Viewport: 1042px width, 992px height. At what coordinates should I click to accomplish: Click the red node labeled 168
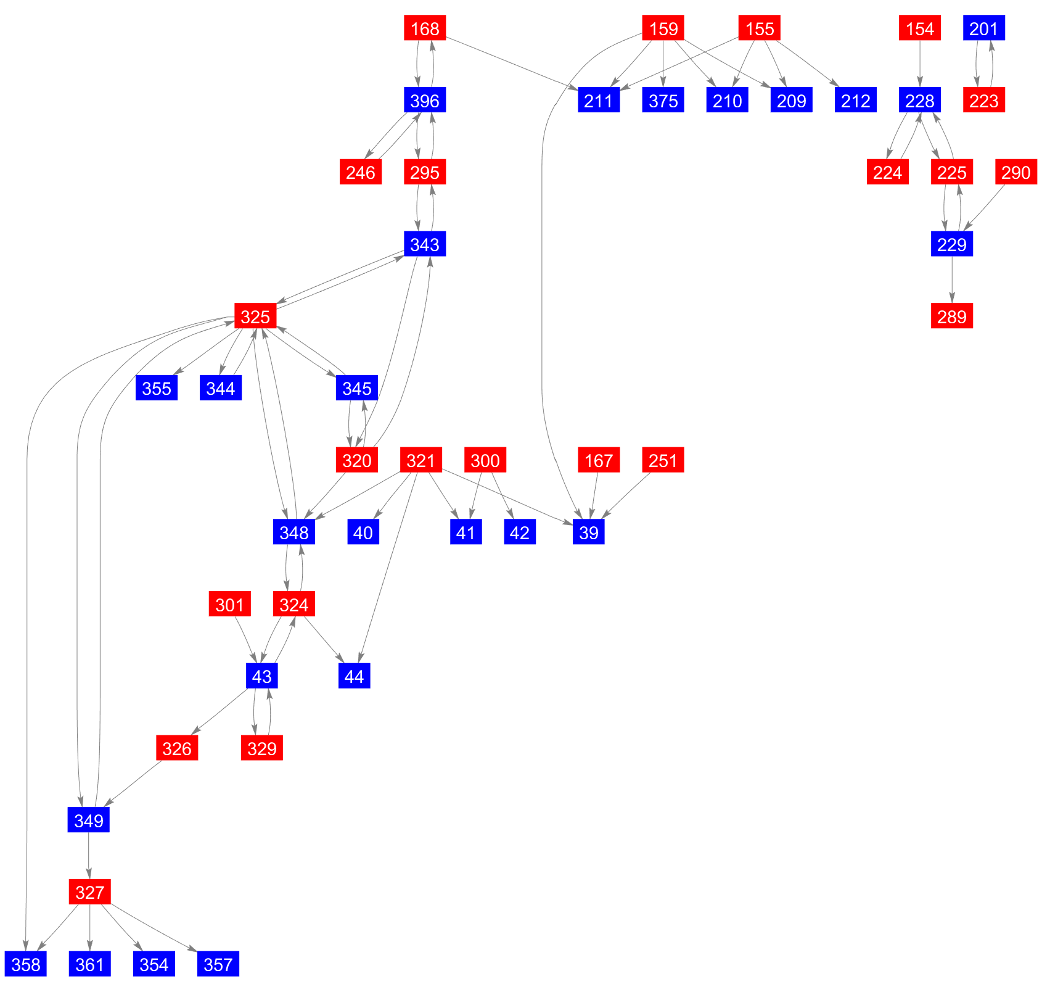425,28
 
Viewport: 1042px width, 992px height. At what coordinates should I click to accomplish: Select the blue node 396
425,101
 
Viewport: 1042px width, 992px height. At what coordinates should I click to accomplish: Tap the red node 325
255,316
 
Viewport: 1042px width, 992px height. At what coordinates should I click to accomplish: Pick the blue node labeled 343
425,244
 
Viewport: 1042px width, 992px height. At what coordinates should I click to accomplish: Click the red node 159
663,28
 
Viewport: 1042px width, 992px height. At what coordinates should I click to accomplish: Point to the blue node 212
856,101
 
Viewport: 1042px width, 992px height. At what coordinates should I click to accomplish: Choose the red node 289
952,316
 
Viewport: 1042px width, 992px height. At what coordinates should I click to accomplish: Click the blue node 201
984,28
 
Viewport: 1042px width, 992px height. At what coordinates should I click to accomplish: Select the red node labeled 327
90,892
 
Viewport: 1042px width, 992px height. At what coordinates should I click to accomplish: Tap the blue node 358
26,964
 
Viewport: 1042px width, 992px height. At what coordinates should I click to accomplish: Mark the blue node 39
589,532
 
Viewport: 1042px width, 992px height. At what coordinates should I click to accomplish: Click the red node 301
230,605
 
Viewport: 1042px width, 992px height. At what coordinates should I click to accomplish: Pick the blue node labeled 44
355,677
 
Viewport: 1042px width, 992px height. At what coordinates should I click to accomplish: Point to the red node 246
361,172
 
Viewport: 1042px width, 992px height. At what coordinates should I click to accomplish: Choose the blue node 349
89,820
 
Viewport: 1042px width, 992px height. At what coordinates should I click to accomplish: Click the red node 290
1016,172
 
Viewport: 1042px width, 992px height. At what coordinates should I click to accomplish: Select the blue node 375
663,101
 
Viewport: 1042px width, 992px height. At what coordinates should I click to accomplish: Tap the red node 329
262,748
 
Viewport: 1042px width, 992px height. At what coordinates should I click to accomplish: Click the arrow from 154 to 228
920,64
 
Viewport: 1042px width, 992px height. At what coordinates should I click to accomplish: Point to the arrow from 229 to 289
952,280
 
